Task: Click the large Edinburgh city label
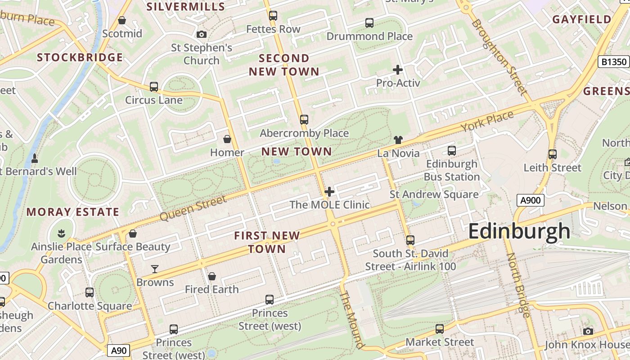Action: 519,231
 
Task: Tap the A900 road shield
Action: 530,200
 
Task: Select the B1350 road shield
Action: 613,62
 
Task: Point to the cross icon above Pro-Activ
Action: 398,70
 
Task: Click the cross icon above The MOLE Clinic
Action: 329,192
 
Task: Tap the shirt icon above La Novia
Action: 398,139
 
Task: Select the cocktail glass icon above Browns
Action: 155,269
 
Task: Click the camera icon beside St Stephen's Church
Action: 202,34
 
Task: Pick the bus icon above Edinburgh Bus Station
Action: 452,151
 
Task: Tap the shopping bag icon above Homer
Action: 227,139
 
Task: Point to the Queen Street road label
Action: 193,208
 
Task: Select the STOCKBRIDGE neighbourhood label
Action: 80,58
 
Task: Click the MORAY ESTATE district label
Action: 73,212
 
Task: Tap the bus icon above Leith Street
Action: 553,154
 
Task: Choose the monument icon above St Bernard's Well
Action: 35,158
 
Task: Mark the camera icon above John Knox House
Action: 588,332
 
